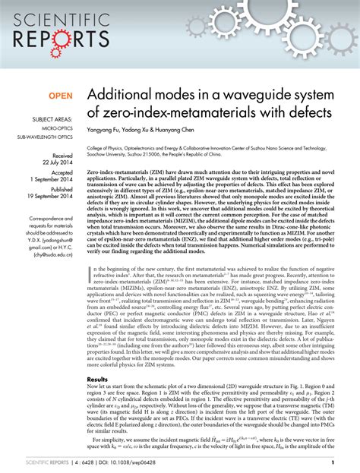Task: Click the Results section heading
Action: pyautogui.click(x=98, y=377)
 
